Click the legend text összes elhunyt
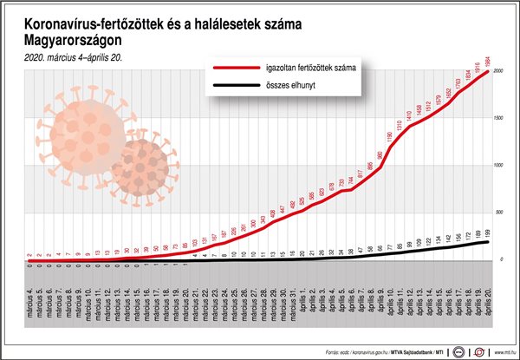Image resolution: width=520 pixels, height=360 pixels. point(296,87)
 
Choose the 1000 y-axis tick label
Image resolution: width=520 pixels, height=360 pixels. point(498,166)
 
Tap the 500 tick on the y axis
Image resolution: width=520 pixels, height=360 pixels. point(499,213)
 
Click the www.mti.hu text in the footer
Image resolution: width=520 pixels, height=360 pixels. point(501,350)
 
